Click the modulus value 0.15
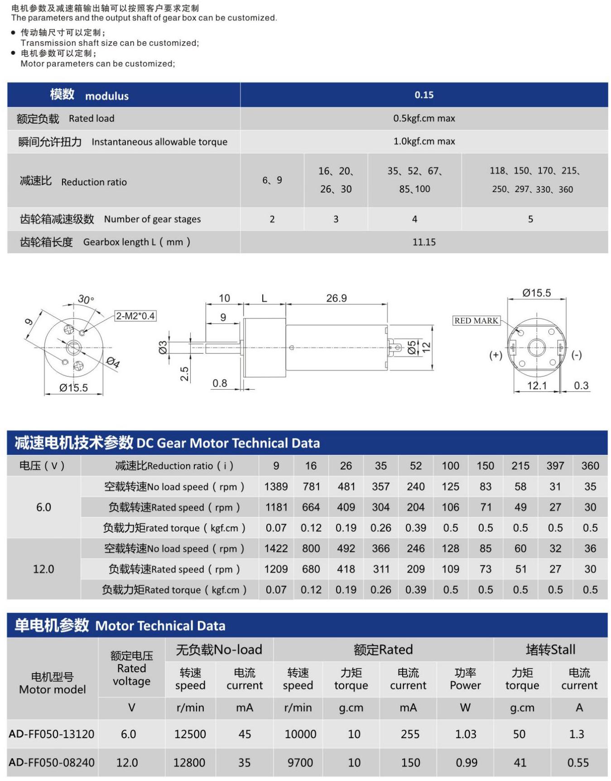click(424, 95)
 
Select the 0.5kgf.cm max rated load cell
click(424, 118)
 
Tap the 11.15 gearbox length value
click(424, 242)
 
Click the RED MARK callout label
click(476, 321)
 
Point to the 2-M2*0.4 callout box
click(135, 316)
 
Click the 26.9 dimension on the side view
click(336, 298)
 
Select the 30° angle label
click(86, 299)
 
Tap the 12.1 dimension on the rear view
click(537, 386)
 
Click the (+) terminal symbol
click(496, 355)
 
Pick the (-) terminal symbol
click(577, 355)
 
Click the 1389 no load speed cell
click(276, 487)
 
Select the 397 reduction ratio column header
click(555, 466)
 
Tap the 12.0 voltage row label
click(43, 569)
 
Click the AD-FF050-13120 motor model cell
click(52, 734)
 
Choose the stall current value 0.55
click(578, 762)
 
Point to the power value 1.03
click(466, 734)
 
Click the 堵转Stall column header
click(550, 650)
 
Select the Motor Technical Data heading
click(160, 626)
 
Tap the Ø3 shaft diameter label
click(163, 347)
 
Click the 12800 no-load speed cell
click(189, 762)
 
